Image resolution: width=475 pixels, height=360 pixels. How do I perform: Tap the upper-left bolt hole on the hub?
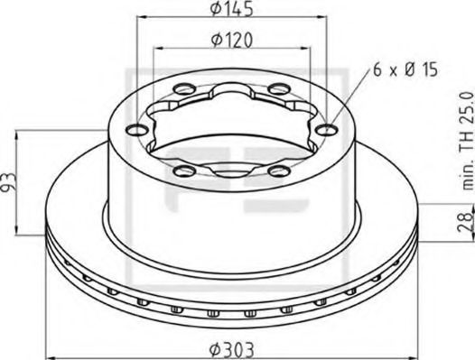click(x=187, y=88)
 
